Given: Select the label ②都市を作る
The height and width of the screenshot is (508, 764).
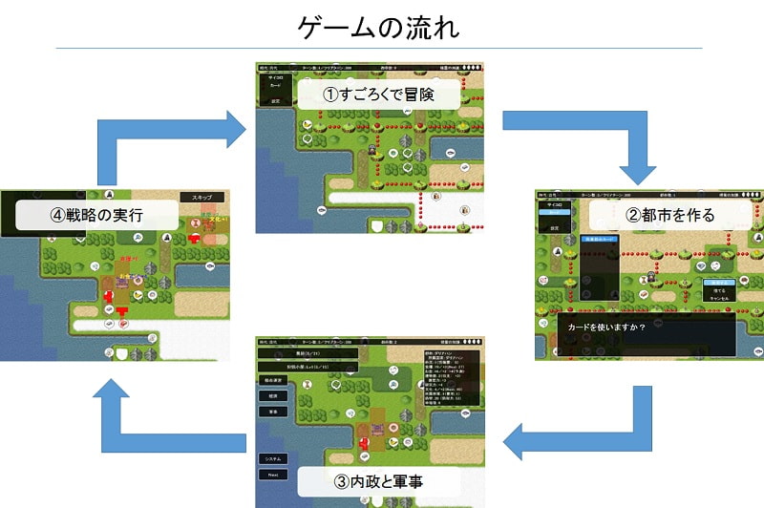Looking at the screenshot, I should (669, 214).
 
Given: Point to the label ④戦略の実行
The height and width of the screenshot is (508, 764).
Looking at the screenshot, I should (96, 214).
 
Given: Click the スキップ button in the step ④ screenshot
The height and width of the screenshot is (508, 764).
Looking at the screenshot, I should (202, 197).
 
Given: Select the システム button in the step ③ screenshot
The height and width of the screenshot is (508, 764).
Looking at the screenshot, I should (272, 458).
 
